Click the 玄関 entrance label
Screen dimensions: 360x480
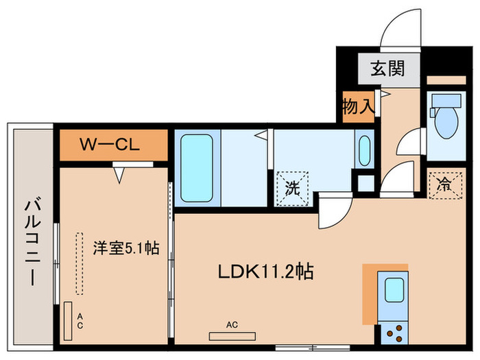pos(387,69)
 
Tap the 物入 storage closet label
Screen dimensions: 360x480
pos(358,107)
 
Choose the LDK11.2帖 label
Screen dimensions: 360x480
pos(265,272)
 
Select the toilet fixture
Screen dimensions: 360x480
pos(444,121)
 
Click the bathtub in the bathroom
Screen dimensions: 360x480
pos(197,167)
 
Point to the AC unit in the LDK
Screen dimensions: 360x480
pos(232,336)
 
